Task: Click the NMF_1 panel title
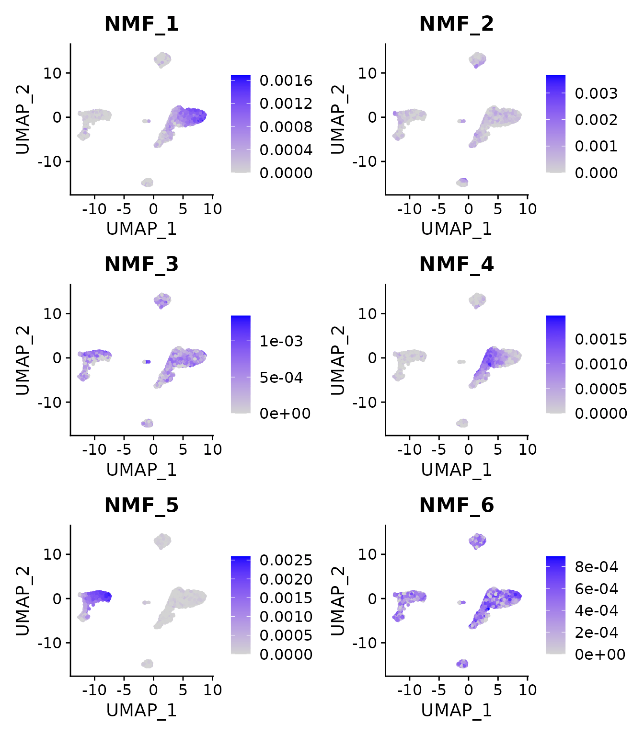[141, 23]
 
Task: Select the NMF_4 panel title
[456, 264]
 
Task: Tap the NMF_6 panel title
[456, 505]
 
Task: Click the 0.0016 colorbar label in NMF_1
[286, 80]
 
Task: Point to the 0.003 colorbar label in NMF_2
[596, 93]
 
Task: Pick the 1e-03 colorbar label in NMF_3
[281, 341]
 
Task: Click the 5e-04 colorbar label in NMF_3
[281, 378]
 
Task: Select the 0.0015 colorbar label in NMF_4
[601, 339]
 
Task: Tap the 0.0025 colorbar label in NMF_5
[286, 560]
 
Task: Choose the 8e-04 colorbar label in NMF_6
[596, 567]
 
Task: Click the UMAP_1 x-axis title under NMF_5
[141, 710]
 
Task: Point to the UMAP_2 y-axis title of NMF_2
[338, 119]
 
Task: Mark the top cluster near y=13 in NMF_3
[162, 300]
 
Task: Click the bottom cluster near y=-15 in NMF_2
[462, 182]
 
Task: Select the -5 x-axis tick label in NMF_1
[124, 209]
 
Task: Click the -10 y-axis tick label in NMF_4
[365, 402]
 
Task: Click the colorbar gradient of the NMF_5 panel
[240, 605]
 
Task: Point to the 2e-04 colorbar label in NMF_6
[596, 632]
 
